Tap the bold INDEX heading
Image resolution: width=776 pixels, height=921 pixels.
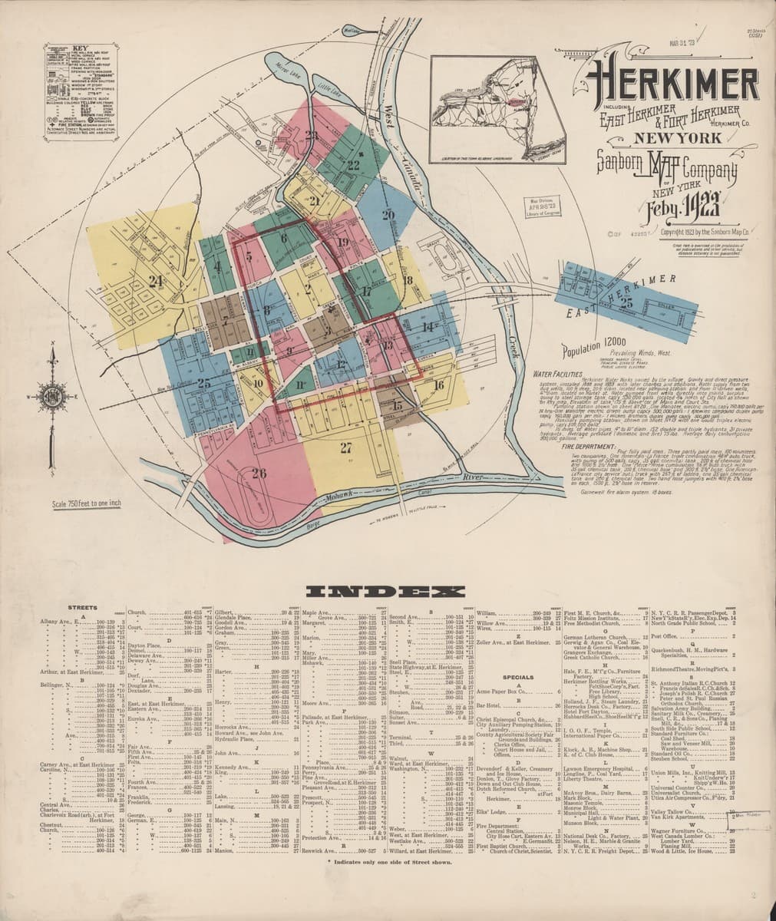tap(388, 593)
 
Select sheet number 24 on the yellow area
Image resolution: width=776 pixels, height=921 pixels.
tap(157, 281)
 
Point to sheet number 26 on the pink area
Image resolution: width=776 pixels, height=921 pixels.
tap(259, 473)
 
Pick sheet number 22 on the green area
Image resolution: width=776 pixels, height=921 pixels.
tap(353, 164)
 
